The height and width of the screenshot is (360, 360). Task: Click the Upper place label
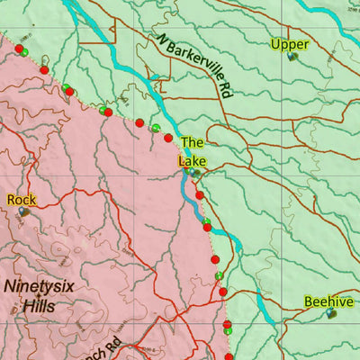point(290,44)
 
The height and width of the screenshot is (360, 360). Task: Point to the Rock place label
point(21,199)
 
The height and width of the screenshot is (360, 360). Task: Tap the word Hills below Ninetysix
point(39,306)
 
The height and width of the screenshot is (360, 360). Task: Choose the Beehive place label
point(328,301)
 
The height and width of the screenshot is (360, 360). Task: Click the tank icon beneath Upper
point(293,57)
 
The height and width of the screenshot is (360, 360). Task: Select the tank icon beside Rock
point(24,212)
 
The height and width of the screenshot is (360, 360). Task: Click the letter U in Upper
point(275,44)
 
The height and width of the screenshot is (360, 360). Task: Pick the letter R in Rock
point(11,199)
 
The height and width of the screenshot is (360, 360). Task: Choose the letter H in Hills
point(27,306)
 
